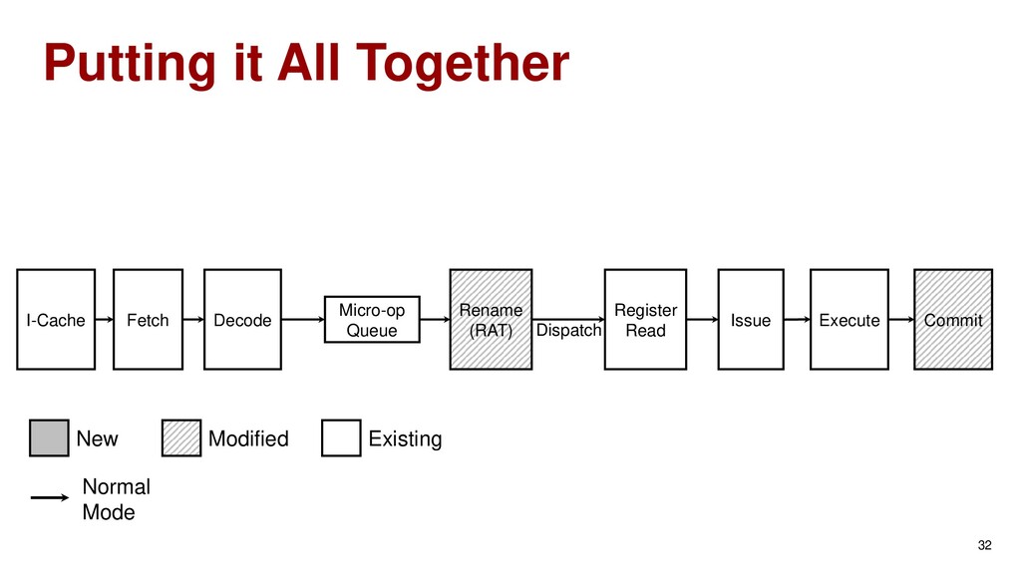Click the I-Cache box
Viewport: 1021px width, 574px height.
56,319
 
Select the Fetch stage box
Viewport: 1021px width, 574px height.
148,319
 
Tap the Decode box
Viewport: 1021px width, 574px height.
242,319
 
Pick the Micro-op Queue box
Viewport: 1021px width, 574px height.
372,319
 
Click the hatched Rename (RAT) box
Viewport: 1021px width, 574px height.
490,319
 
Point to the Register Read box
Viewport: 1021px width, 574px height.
645,319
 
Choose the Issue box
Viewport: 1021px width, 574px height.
751,319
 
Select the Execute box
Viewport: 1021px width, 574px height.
849,319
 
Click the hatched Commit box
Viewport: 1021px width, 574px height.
953,319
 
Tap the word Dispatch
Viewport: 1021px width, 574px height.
569,330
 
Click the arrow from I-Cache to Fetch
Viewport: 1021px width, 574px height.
105,319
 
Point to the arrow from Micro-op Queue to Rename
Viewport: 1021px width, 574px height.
435,319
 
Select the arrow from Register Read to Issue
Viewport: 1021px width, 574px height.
703,319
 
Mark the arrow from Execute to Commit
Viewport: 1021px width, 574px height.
901,319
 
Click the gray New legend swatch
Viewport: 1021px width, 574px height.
49,438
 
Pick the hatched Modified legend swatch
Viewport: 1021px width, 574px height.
180,438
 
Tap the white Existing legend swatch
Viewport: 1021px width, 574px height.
341,438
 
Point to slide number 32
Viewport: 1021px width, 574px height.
985,545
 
